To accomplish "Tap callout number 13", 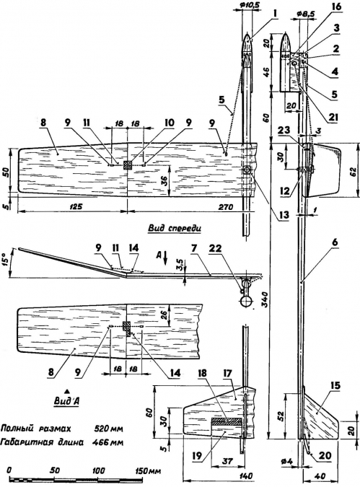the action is point(284,214).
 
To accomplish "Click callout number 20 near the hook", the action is point(324,455).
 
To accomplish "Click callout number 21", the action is point(333,117).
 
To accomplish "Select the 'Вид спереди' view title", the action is point(175,228).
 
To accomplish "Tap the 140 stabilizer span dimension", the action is point(245,475).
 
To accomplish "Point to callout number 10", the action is point(170,123).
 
